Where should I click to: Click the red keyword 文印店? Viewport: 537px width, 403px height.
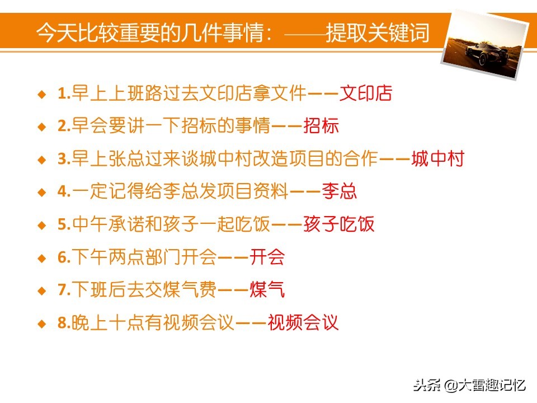coord(366,93)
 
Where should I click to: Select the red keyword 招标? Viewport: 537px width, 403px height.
coord(321,126)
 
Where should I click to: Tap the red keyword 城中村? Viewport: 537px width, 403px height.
coord(437,159)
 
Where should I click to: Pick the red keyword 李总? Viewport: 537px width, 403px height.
coord(339,192)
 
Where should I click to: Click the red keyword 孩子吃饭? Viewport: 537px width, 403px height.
coord(338,224)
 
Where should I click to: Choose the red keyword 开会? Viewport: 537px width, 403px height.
coord(267,257)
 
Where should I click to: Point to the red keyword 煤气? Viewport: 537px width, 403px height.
coord(267,290)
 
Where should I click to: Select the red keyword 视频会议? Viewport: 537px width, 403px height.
coord(303,323)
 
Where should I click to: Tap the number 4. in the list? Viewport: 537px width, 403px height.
coord(64,193)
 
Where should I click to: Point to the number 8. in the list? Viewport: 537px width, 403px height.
coord(64,324)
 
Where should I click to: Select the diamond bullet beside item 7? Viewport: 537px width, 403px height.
coord(41,291)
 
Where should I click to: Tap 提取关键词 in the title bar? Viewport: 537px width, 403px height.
coord(378,34)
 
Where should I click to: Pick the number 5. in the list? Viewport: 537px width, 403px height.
coord(64,225)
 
